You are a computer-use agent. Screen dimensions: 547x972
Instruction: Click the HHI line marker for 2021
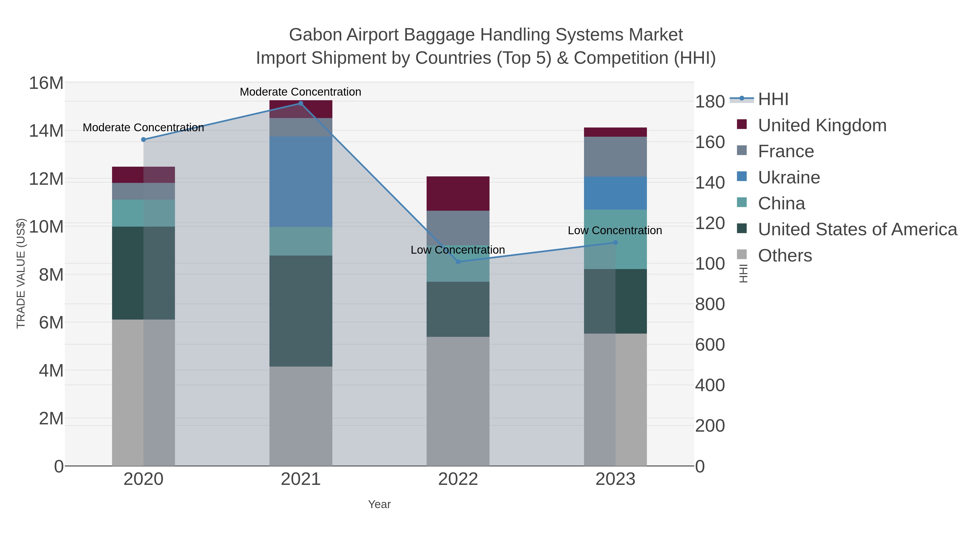[x=300, y=103]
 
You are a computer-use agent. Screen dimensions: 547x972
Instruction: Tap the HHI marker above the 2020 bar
[x=143, y=140]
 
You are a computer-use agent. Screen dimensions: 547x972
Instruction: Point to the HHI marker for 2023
[x=615, y=242]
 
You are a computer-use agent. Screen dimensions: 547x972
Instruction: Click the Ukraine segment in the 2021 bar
[x=301, y=182]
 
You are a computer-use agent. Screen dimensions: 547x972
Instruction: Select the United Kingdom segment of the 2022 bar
[x=458, y=193]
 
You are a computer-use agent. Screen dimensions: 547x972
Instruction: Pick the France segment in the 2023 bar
[x=615, y=157]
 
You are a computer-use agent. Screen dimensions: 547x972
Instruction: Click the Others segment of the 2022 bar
[x=458, y=401]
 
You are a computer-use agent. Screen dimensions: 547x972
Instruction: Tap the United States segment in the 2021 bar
[x=301, y=311]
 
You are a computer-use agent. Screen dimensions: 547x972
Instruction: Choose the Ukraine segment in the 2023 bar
[x=615, y=193]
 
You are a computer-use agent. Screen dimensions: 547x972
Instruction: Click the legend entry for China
[x=781, y=203]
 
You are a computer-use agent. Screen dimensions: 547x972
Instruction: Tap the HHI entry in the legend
[x=773, y=99]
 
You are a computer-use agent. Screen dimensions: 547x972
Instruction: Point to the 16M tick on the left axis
[x=46, y=83]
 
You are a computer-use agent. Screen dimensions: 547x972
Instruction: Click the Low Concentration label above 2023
[x=615, y=230]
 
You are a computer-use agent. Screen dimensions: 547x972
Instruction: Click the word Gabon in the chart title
[x=315, y=35]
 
